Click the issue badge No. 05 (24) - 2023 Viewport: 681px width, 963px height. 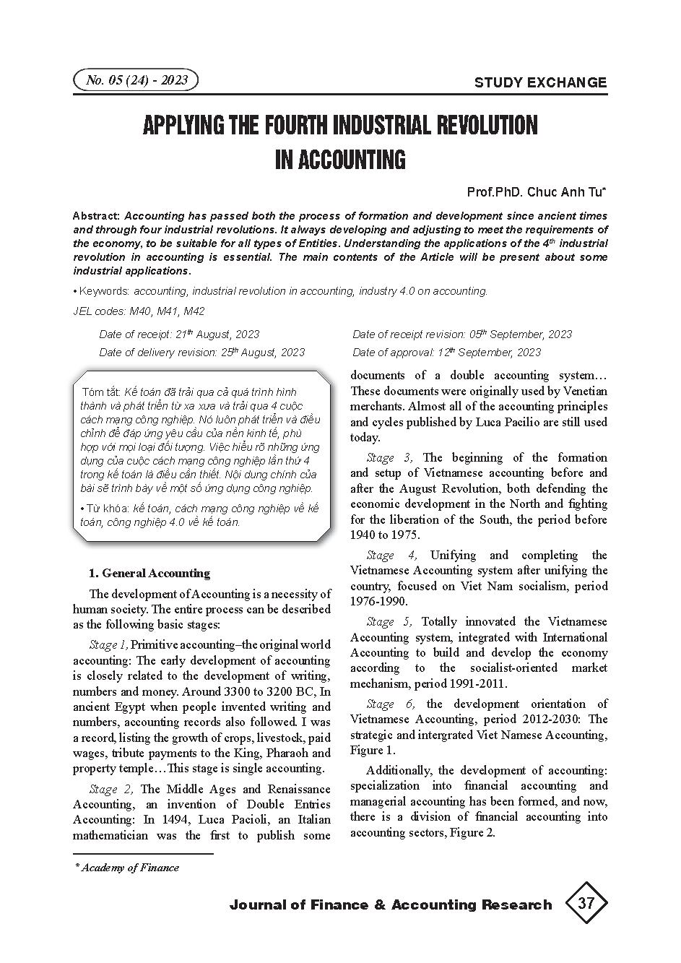[136, 80]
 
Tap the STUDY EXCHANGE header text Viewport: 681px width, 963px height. [540, 82]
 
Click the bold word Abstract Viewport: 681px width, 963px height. [96, 216]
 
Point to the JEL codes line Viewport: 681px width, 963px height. [139, 311]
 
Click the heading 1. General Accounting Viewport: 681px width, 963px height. [149, 574]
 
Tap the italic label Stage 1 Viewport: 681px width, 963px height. [108, 645]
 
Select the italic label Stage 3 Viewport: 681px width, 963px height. [389, 457]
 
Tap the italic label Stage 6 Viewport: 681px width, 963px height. [390, 704]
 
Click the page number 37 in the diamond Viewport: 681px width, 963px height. [586, 903]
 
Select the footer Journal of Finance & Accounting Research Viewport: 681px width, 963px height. [390, 904]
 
